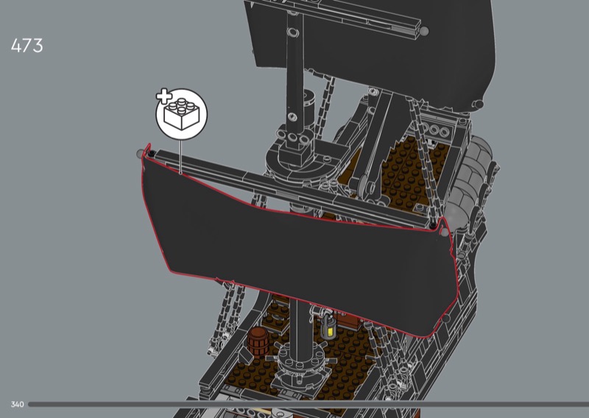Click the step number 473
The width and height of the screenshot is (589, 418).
tap(27, 46)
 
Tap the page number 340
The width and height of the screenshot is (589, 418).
tap(17, 405)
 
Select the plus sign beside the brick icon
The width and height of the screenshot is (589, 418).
tap(163, 96)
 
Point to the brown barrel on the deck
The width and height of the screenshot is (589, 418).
tap(258, 341)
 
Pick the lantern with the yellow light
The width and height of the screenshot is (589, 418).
tap(328, 327)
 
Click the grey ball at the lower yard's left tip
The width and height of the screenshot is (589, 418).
tap(141, 154)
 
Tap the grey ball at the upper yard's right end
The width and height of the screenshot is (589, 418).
tap(424, 31)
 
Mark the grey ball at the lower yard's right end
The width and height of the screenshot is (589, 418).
tap(445, 232)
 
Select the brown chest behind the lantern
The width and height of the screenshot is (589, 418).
tap(348, 320)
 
